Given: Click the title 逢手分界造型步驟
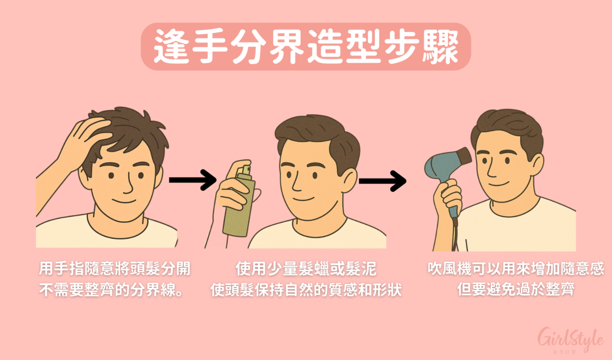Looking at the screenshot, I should coord(305,46).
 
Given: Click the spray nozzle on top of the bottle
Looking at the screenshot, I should coord(245,168).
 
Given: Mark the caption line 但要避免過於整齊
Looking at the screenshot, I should coord(515,291).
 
